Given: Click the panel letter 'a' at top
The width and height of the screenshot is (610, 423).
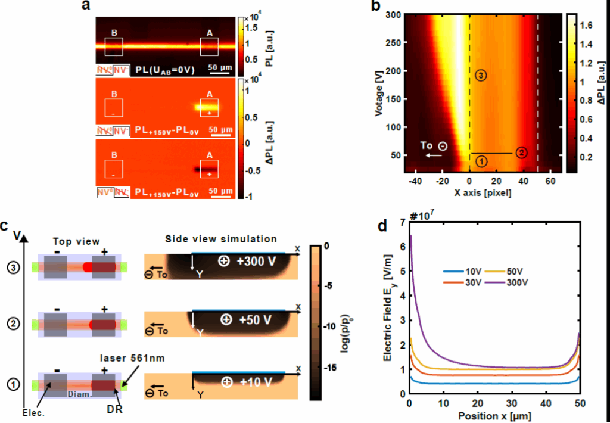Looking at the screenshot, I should (86, 6).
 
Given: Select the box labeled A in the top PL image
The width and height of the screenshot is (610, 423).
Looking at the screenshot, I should (209, 46).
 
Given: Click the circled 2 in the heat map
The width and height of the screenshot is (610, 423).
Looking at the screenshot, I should (521, 153).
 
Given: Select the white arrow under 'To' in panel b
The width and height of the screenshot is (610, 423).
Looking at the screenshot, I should (434, 155).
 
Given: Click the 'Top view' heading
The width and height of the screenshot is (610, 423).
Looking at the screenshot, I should (72, 242).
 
